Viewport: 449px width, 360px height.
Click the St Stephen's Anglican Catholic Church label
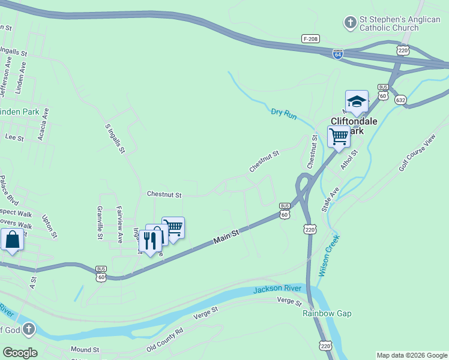click(399, 23)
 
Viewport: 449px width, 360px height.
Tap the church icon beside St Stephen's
click(350, 23)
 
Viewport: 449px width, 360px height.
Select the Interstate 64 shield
click(338, 54)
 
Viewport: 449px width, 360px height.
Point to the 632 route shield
click(400, 100)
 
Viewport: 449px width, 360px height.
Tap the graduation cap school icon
click(357, 101)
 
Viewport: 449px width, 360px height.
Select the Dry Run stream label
click(284, 112)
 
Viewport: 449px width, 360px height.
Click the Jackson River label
click(276, 290)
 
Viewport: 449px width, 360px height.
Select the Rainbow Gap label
click(327, 313)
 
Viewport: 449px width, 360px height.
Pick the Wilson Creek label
click(329, 255)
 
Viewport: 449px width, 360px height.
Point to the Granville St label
click(100, 223)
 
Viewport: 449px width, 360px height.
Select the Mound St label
click(85, 349)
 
